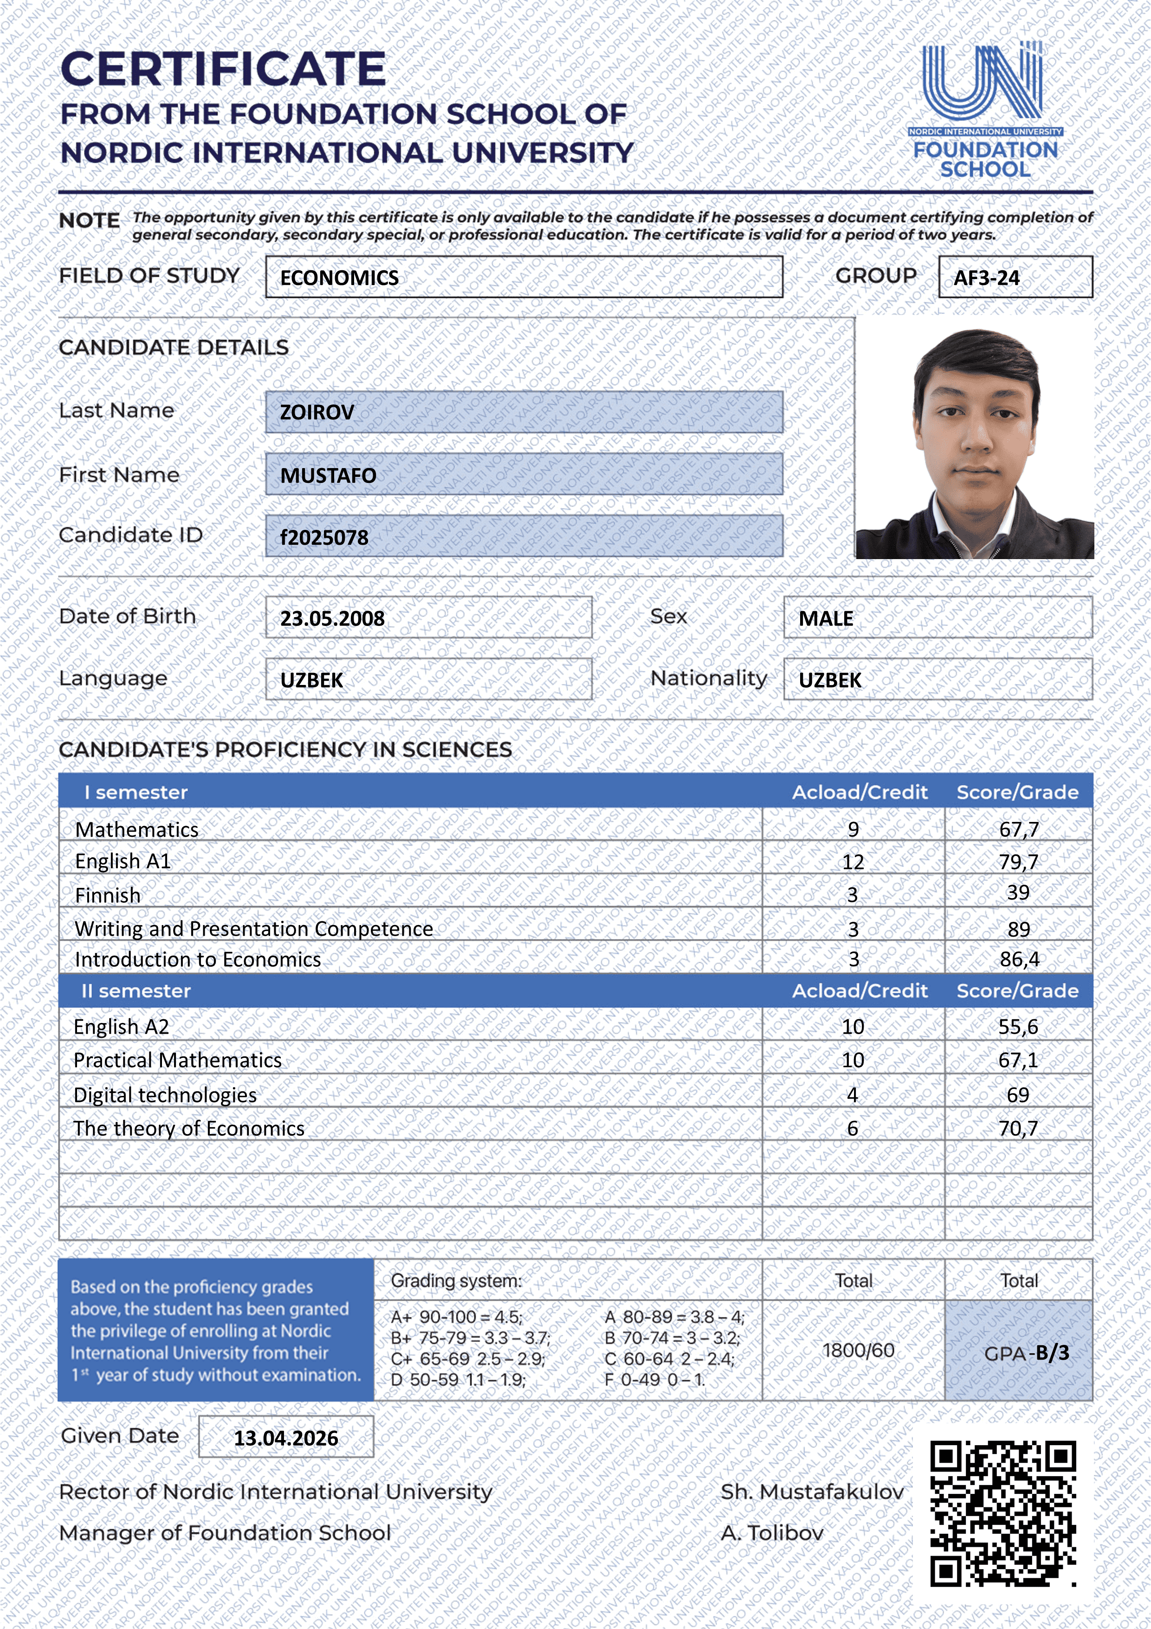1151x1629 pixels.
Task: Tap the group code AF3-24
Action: pos(986,277)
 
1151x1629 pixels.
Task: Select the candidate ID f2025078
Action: pos(324,537)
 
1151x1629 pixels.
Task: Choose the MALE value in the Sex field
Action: pos(826,618)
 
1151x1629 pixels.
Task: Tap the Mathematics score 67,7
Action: pos(1018,829)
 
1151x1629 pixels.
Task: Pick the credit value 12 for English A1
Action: pos(853,861)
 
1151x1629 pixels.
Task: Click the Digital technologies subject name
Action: pos(165,1095)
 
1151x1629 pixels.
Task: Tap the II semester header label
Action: pos(136,990)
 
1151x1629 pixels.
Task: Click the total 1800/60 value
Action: pos(858,1350)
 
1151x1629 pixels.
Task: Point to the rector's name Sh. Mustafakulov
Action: pos(812,1492)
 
